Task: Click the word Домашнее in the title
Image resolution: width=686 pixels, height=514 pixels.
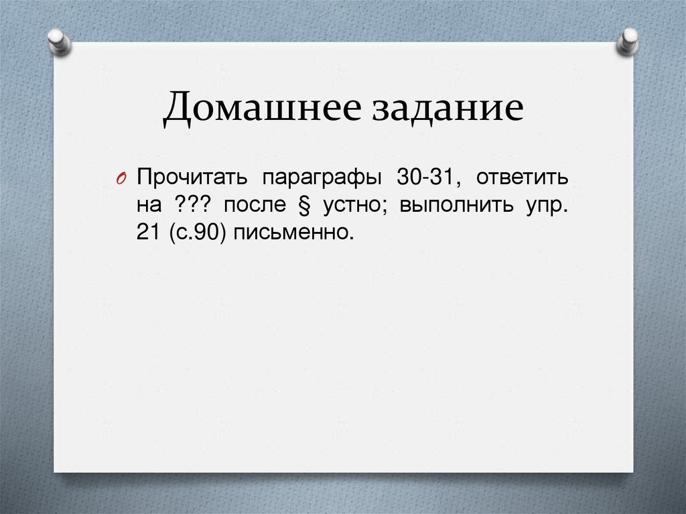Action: click(x=258, y=109)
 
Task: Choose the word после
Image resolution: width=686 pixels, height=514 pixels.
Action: click(x=255, y=206)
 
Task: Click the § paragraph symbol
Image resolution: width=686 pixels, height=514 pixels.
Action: click(x=298, y=206)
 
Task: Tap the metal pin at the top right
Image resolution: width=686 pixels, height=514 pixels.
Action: click(x=628, y=41)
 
